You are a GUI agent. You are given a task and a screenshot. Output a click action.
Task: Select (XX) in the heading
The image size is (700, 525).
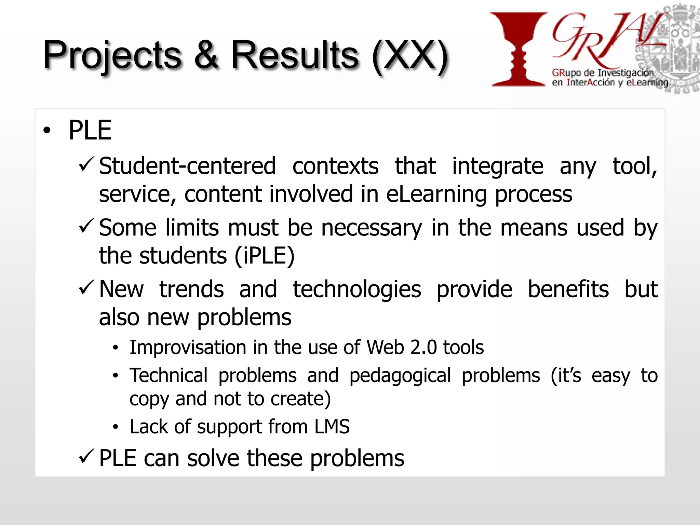(409, 56)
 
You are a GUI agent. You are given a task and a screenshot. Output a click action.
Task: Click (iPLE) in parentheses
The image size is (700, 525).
(264, 256)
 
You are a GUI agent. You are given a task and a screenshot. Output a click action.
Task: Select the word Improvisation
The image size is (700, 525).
(188, 348)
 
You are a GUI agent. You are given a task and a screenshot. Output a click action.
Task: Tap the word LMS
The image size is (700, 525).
(332, 427)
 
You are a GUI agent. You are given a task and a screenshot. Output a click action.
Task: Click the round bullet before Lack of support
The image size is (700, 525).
(116, 427)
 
